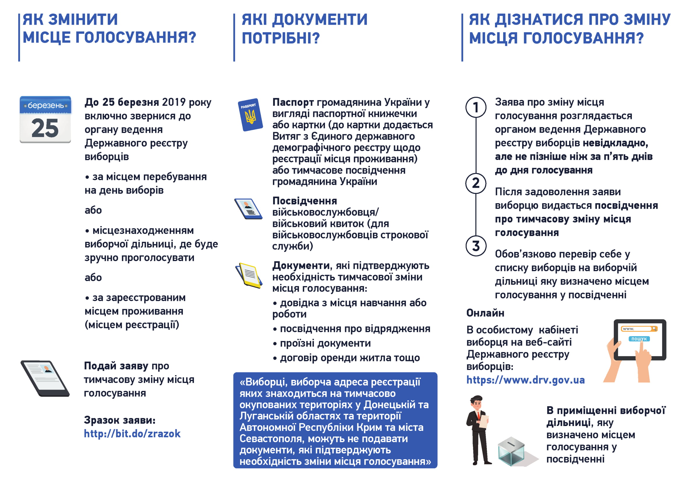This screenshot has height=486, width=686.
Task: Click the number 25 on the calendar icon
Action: pos(45,128)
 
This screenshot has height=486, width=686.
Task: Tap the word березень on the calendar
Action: pos(45,106)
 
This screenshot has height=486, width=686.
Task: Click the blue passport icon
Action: pos(251,115)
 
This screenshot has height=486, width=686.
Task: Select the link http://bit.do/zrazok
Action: pos(132,434)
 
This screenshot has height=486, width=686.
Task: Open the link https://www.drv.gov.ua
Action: pos(525,380)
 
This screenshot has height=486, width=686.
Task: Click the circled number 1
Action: pos(476,107)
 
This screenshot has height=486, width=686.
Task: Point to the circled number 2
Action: pos(476,183)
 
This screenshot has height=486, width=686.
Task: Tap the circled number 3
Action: pos(476,246)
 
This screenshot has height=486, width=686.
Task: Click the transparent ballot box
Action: pos(511,451)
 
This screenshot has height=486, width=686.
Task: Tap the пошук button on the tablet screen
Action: pos(639,339)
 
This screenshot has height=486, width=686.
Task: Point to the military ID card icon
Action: pos(248,209)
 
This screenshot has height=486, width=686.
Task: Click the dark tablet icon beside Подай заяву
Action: pos(45,378)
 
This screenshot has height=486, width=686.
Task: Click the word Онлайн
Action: pos(485,313)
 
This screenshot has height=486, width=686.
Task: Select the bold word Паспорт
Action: pos(293,102)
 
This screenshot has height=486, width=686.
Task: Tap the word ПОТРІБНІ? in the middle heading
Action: pos(281,38)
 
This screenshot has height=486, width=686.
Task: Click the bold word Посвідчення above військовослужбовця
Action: pos(305,201)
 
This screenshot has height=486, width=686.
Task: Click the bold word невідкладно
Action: pos(615,143)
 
